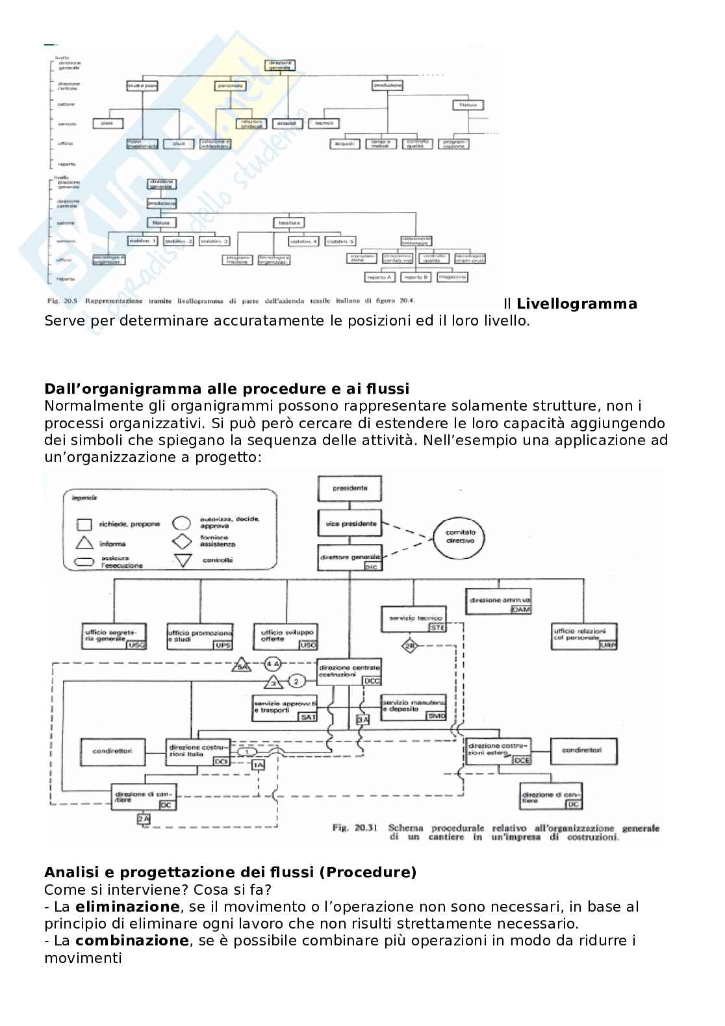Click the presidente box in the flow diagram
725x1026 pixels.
(x=350, y=488)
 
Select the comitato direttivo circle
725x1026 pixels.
(x=460, y=536)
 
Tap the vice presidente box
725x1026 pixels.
(x=350, y=524)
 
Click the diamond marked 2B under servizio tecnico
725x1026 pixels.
(x=410, y=646)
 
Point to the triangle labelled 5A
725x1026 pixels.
(x=242, y=667)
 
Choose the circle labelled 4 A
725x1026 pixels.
(x=273, y=664)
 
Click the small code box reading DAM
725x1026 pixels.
(x=521, y=609)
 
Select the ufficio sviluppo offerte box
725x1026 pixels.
(x=288, y=635)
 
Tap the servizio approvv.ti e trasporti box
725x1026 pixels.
(x=285, y=708)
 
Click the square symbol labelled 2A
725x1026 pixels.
(x=144, y=819)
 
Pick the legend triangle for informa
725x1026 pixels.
(x=85, y=544)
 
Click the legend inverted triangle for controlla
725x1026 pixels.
(x=183, y=560)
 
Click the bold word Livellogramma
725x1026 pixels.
(x=577, y=304)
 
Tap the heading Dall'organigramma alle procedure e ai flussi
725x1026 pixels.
(x=227, y=389)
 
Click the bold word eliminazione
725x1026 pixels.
(x=127, y=906)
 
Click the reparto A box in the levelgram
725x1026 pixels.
(x=381, y=277)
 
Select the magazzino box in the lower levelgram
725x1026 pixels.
(x=452, y=277)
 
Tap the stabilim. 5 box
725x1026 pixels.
(x=340, y=241)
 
